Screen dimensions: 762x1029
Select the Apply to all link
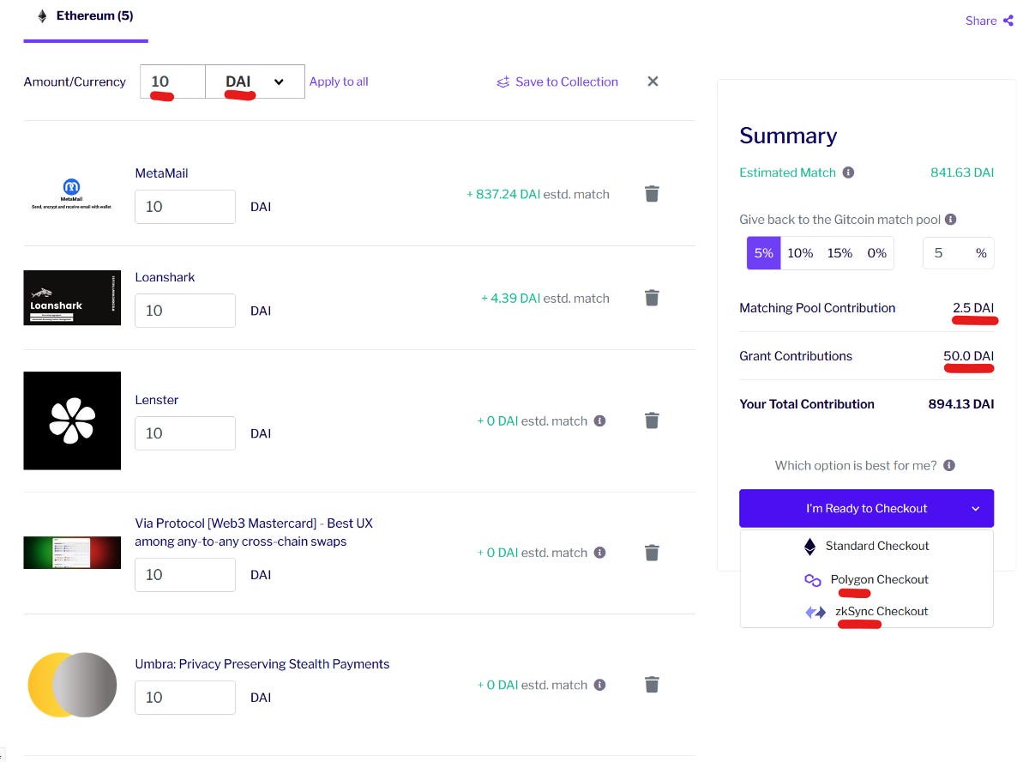click(339, 82)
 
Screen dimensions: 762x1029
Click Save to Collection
click(557, 82)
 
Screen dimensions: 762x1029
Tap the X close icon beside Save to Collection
click(653, 82)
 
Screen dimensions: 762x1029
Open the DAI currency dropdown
click(255, 82)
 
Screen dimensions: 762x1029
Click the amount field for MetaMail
click(185, 207)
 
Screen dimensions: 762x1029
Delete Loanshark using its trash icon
click(652, 298)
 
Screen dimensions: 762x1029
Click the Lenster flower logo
click(72, 420)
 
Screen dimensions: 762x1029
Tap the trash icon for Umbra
click(652, 684)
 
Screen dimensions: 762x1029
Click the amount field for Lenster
click(185, 433)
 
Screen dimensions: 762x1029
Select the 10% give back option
click(800, 253)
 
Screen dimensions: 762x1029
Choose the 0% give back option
click(876, 253)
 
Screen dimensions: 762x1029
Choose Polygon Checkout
click(879, 579)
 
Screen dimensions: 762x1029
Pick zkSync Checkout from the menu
click(881, 611)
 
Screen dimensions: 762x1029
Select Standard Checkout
click(876, 546)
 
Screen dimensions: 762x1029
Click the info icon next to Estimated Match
click(848, 172)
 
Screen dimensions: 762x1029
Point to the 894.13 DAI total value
click(960, 404)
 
